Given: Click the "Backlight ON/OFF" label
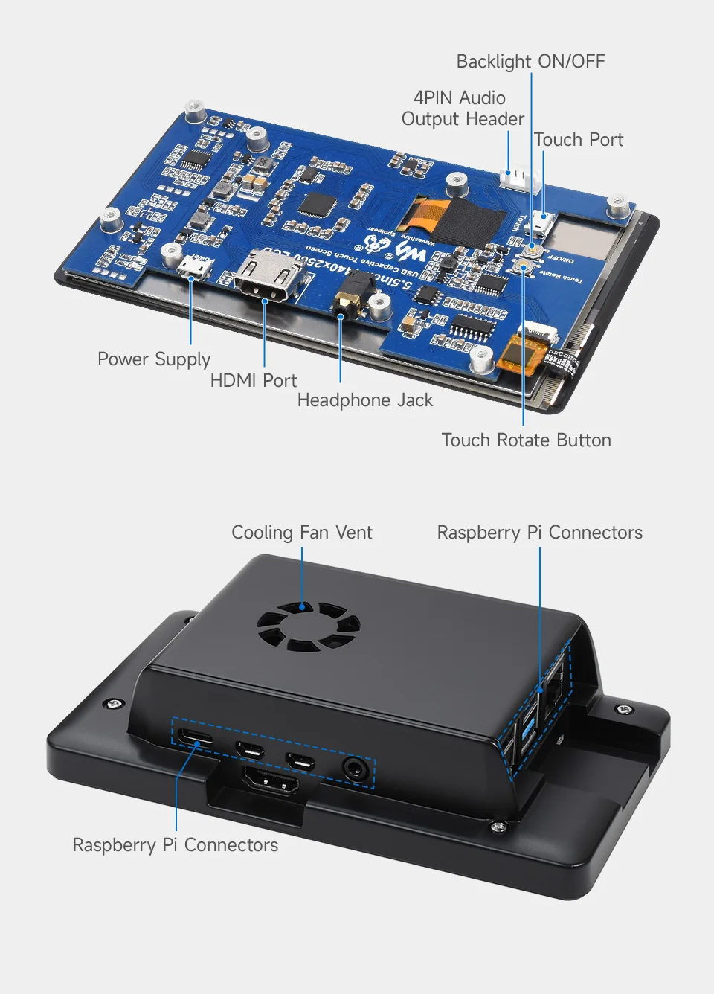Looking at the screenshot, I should pos(530,62).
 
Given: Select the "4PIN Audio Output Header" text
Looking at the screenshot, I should pos(462,109).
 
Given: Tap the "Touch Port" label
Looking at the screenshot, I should pos(578,140).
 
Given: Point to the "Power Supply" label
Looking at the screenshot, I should pos(154,359).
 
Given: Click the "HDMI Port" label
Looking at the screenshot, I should pos(253,380).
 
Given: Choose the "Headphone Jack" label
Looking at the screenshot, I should pos(364,400).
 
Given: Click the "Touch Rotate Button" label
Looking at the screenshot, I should pos(526,440).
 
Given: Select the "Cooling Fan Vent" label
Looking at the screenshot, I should pos(301,533).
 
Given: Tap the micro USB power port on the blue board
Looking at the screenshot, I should pos(193,266).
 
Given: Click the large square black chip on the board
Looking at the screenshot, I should pos(318,205).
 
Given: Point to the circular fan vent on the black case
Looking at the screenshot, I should pos(308,626).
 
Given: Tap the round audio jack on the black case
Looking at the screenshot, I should pos(356,769).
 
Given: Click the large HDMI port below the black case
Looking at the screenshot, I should pos(270,782).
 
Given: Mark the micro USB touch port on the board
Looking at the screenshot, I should pos(543,222).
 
